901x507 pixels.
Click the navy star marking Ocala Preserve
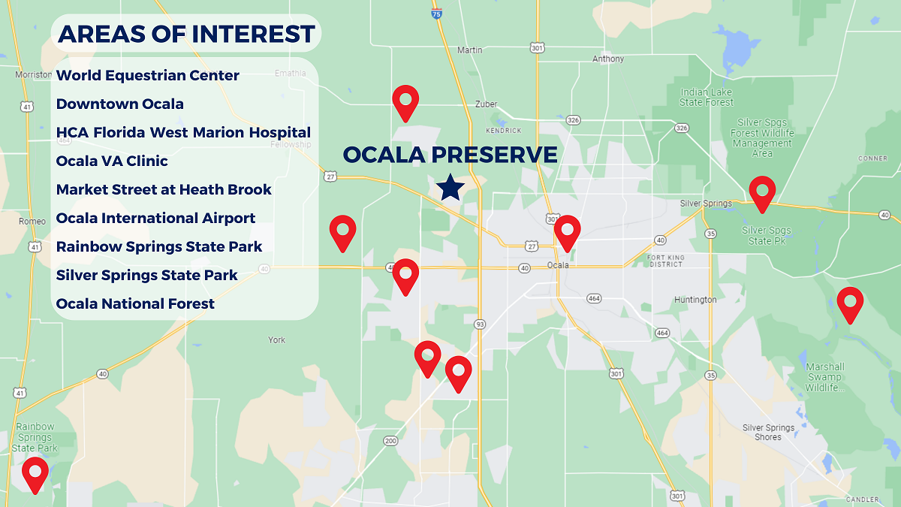[x=450, y=187]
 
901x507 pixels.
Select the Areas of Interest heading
[x=186, y=34]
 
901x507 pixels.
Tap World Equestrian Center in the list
[x=148, y=75]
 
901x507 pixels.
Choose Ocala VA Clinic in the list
[x=112, y=161]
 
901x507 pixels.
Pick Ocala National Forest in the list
[x=135, y=303]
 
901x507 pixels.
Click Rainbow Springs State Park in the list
[x=159, y=246]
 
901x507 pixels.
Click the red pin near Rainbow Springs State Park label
[x=35, y=473]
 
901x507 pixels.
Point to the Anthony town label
[x=607, y=59]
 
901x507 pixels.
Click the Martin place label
[x=469, y=50]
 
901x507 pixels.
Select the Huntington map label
[x=695, y=300]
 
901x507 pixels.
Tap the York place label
[x=277, y=340]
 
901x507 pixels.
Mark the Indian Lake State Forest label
[x=707, y=98]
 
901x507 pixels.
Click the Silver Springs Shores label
[x=768, y=432]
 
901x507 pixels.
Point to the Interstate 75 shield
[x=437, y=12]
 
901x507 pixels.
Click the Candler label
[x=862, y=499]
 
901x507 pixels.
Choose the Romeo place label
[x=32, y=222]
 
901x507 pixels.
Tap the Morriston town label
[x=33, y=74]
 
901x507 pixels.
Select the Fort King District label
[x=665, y=261]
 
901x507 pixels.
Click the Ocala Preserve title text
[x=450, y=155]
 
